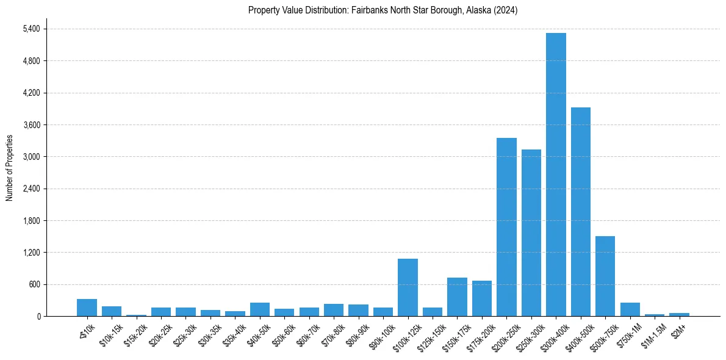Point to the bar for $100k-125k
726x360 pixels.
click(408, 287)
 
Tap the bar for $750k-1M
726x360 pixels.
click(630, 309)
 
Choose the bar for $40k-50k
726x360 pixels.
click(260, 309)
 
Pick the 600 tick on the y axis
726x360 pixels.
click(34, 284)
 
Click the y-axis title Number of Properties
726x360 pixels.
click(9, 167)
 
